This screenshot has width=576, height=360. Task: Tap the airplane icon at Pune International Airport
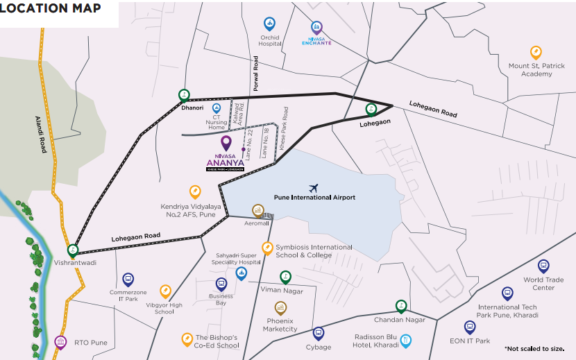[314, 187]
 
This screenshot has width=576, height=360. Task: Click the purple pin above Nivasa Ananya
[226, 142]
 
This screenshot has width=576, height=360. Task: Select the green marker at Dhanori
[184, 95]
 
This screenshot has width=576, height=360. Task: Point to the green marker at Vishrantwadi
[72, 250]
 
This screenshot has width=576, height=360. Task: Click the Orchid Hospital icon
[269, 23]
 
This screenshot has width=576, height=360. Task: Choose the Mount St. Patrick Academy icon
[536, 52]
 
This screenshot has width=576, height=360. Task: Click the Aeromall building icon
[257, 210]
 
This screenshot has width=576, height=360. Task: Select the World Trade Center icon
[543, 266]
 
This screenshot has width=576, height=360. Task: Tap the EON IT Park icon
[470, 326]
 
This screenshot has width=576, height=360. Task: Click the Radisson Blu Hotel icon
[406, 340]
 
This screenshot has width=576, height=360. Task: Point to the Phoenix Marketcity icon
[280, 308]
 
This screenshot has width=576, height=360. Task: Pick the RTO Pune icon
[60, 342]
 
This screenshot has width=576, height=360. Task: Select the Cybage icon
[318, 333]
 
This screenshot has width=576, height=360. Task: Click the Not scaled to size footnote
[534, 348]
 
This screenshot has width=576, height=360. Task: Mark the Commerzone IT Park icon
[128, 279]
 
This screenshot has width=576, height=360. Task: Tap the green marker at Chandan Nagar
[400, 306]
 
